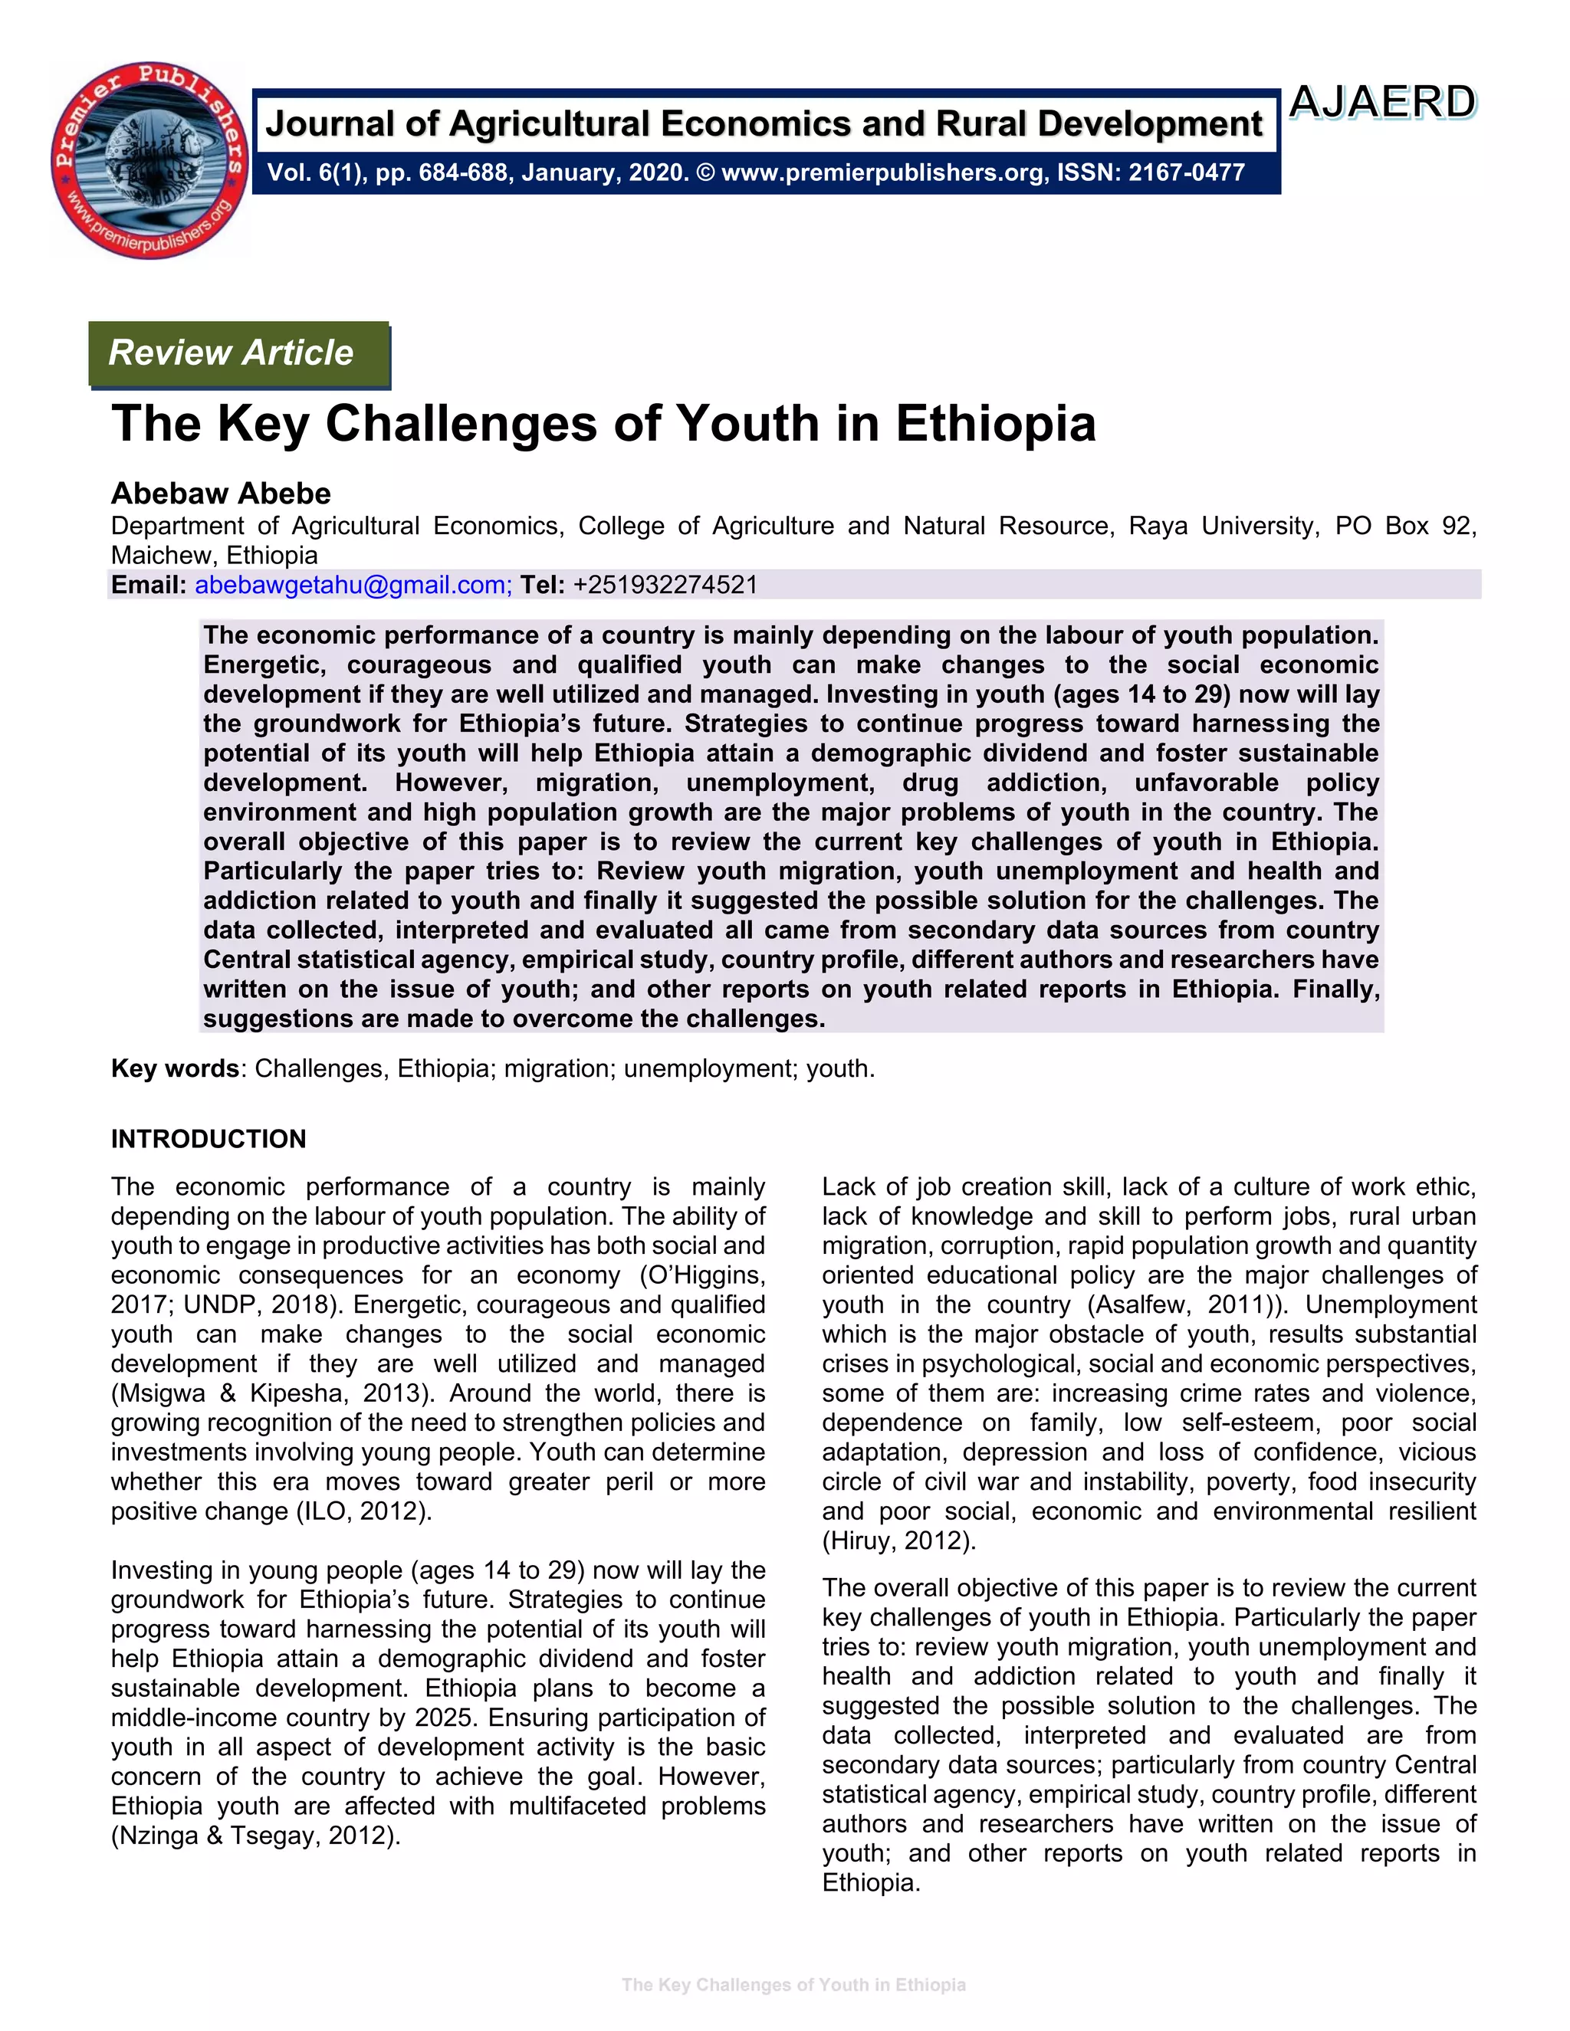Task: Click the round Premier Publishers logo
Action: point(149,160)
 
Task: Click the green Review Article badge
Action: point(239,353)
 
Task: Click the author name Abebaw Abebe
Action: point(221,493)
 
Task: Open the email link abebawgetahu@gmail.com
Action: point(353,585)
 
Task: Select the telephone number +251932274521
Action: point(665,585)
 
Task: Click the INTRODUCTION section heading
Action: point(209,1139)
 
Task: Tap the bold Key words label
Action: point(175,1068)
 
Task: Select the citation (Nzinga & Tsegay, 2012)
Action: point(256,1836)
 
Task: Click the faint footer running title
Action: point(793,1984)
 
